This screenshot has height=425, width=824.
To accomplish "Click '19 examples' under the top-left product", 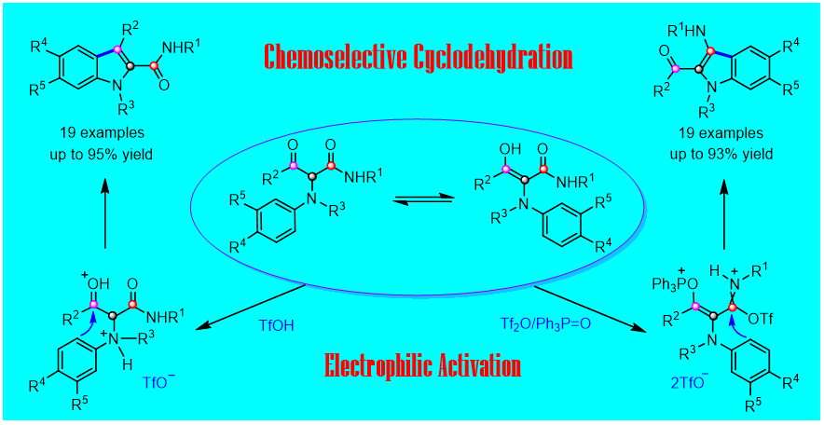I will pyautogui.click(x=104, y=133).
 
